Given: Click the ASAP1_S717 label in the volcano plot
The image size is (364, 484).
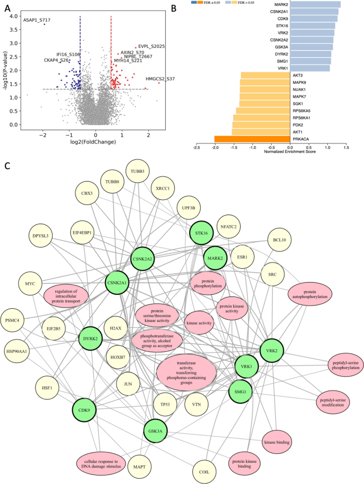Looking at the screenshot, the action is point(37,20).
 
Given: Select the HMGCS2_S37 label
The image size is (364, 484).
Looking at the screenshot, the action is point(160,79).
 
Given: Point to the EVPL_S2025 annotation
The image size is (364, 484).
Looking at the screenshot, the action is point(151,46).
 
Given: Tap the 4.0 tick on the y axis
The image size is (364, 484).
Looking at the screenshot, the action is point(13,16).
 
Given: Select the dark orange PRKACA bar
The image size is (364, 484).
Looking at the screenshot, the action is point(252,139).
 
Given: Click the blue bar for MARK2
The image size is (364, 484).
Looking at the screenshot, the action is point(315,4).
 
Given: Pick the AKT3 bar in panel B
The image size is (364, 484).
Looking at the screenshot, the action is point(266,75).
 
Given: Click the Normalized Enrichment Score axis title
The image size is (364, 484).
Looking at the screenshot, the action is point(290,151).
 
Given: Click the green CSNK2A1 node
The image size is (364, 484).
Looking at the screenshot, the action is point(117,283).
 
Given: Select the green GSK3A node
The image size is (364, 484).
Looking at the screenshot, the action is point(155,431).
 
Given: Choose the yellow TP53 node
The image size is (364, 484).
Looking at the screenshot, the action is point(165,404).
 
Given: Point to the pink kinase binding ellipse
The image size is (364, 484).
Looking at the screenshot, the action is point(277,442).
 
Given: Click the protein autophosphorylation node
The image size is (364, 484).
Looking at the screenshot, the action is point(310,294).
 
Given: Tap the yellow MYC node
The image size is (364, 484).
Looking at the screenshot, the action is point(30,284).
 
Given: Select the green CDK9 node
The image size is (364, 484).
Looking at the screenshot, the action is point(84,410).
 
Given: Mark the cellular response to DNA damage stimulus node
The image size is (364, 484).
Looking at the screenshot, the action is point(101,464).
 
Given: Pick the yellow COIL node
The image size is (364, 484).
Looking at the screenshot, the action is point(204,472).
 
